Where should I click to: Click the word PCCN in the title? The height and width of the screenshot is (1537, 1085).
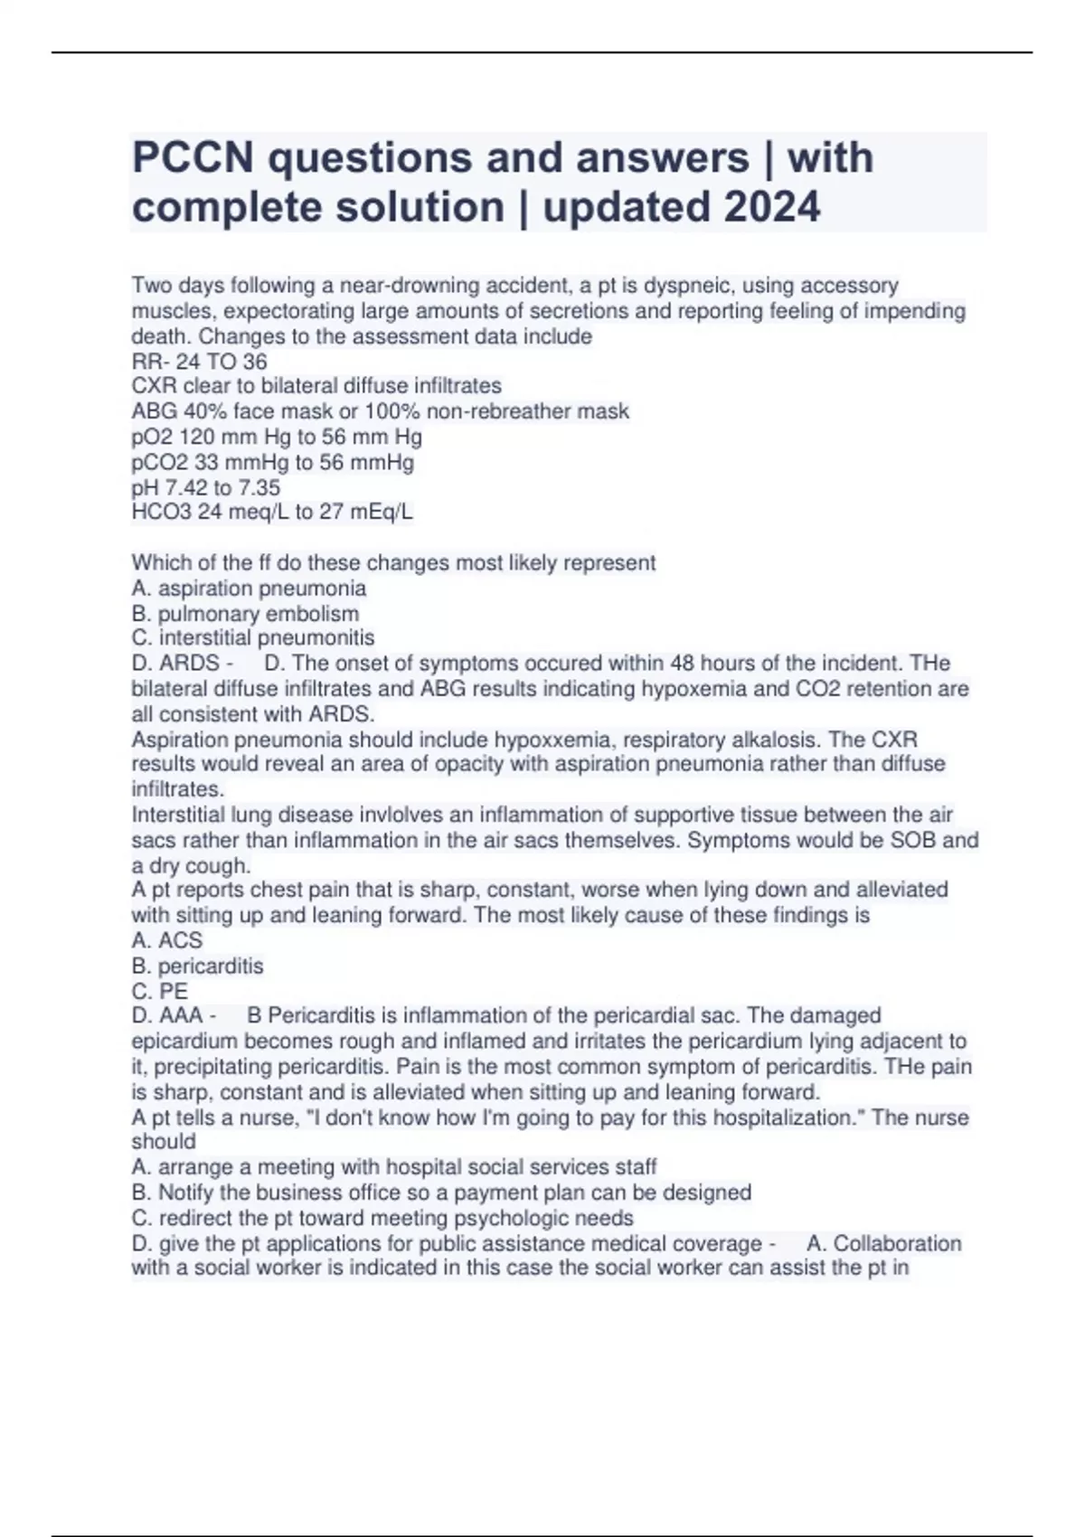tap(193, 158)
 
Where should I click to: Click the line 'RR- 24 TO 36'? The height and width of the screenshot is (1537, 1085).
tap(199, 362)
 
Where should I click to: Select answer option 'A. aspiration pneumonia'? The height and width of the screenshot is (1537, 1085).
tap(249, 589)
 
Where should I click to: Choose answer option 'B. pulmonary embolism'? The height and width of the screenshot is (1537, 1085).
tap(245, 614)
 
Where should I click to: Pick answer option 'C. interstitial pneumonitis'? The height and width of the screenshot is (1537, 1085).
tap(253, 638)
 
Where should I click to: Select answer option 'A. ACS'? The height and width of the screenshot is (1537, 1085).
tap(167, 940)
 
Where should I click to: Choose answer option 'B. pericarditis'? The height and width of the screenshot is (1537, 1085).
tap(197, 966)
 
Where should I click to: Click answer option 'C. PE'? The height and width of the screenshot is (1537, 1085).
tap(160, 991)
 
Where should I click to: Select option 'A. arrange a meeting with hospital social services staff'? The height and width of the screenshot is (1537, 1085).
tap(394, 1167)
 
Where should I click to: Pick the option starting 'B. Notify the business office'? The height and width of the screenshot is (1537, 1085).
tap(441, 1193)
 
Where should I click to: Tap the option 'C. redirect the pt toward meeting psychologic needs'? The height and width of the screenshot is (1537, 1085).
tap(382, 1218)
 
